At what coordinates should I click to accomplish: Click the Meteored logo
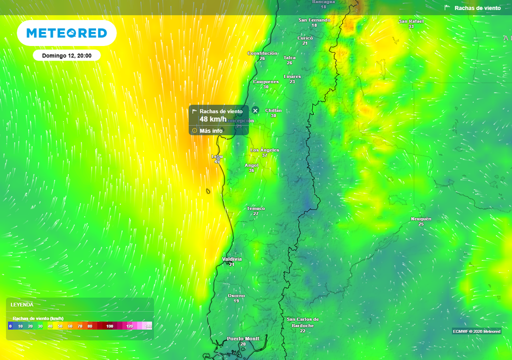66,33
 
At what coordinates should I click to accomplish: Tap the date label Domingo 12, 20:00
66,55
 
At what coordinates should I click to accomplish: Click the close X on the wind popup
255,110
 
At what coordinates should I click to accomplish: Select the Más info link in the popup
210,131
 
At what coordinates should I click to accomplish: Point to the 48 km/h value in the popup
213,119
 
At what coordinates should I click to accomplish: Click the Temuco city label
256,208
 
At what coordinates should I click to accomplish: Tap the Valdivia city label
232,259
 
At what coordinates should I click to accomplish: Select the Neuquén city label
421,219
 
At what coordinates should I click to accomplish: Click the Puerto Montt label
243,338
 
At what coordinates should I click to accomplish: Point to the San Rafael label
411,21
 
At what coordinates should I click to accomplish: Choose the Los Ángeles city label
265,150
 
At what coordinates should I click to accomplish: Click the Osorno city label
236,295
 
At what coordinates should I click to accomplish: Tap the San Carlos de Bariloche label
302,322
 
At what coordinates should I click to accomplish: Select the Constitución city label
262,53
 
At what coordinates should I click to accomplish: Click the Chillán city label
273,110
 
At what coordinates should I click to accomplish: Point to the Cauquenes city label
265,81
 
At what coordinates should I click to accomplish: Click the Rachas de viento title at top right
477,8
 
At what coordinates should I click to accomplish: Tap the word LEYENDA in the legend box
22,304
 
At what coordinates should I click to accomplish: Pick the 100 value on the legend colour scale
109,326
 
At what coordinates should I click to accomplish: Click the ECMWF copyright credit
476,331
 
